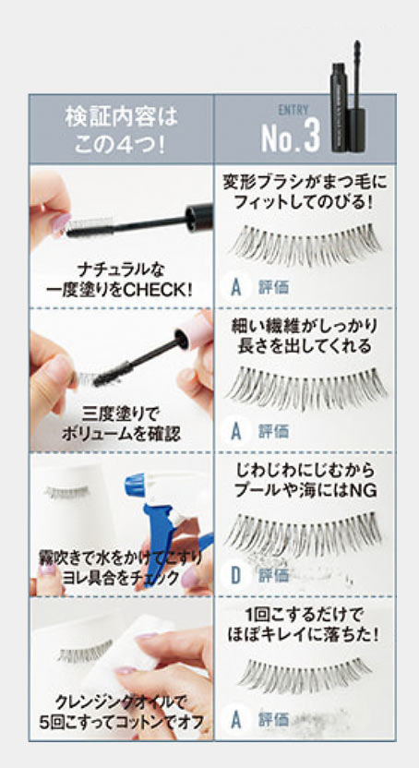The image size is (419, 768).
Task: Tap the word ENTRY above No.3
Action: (293, 110)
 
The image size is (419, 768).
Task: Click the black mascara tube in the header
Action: (348, 97)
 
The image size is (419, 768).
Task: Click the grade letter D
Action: (236, 575)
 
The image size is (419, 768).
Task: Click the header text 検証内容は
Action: (122, 118)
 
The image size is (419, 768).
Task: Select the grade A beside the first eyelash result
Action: (236, 287)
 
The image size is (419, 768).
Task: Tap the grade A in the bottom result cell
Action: (236, 719)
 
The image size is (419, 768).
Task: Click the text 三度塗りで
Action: (121, 415)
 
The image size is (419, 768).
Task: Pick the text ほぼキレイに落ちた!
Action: (304, 635)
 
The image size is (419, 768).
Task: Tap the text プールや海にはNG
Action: (305, 491)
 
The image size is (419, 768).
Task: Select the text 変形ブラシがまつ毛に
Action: (305, 183)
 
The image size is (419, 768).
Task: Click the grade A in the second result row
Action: (236, 431)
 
